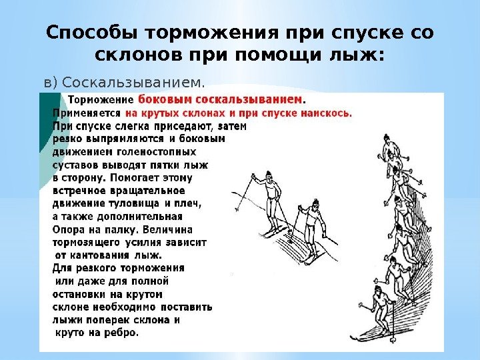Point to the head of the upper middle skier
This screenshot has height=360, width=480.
[268, 176]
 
